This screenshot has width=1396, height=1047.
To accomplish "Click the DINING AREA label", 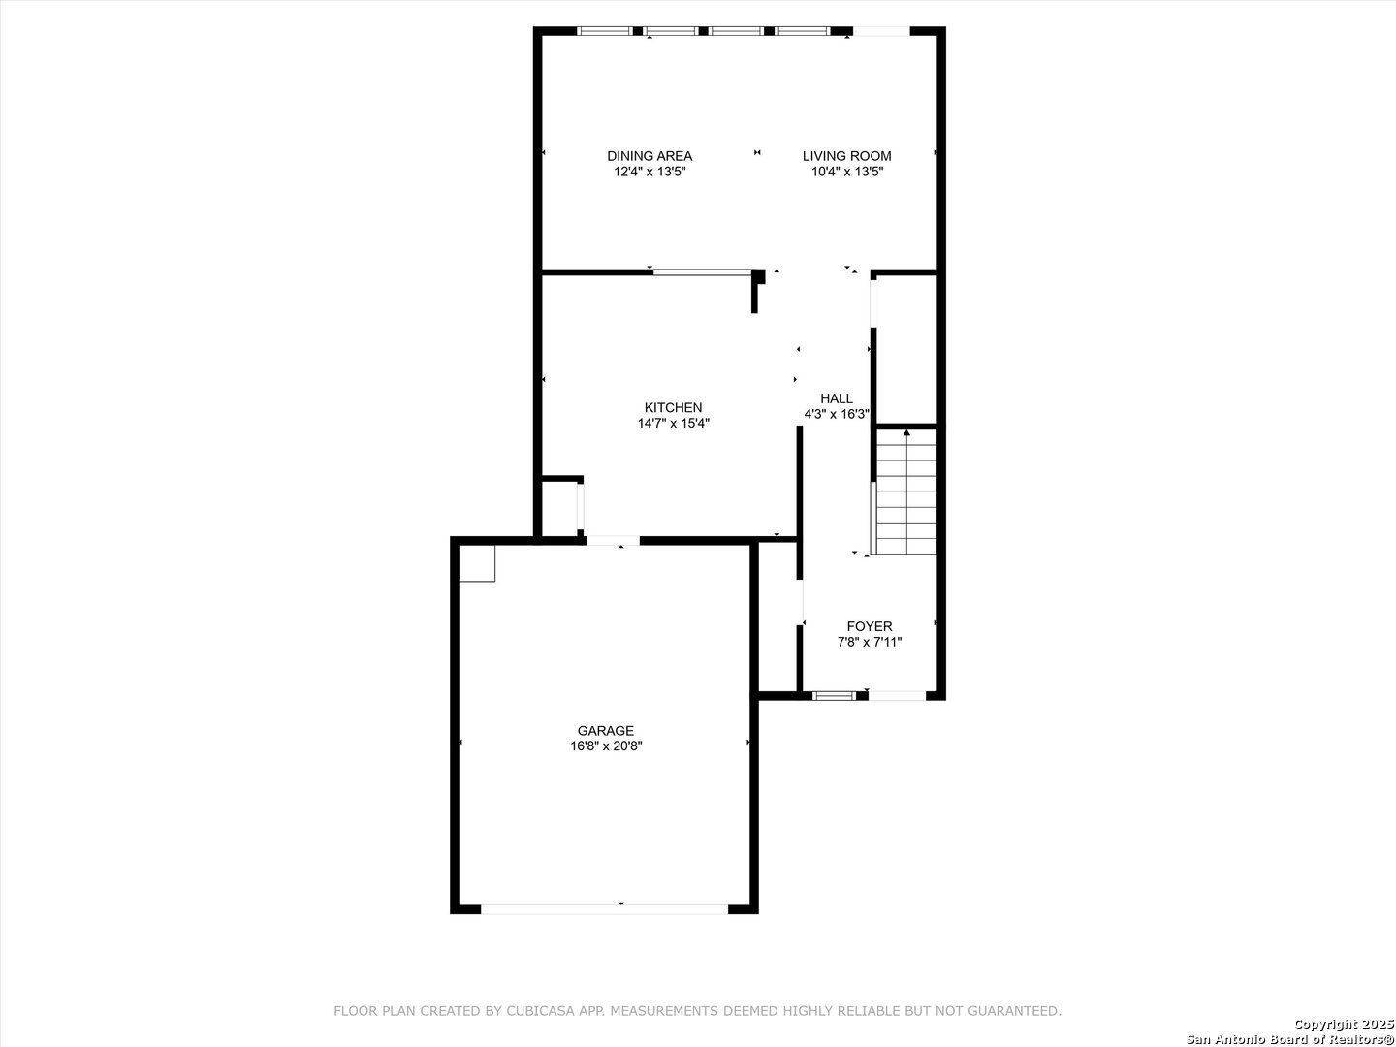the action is tap(650, 156).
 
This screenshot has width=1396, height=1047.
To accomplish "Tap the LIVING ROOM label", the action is tap(846, 156).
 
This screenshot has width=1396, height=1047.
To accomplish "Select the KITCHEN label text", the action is tap(673, 407).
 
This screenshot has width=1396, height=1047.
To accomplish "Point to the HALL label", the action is tap(837, 398).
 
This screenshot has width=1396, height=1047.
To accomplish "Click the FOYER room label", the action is tap(870, 626).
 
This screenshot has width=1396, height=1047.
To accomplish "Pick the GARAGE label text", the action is tap(606, 730).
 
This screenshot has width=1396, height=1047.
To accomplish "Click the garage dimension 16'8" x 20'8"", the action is tap(606, 746).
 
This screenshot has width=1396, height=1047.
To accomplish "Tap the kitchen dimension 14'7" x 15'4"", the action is tap(674, 423).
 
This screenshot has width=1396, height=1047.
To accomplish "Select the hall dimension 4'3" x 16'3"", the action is tap(837, 414).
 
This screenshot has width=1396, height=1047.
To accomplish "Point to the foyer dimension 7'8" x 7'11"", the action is tap(870, 642).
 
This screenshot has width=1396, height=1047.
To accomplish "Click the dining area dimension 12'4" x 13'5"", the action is tap(650, 171).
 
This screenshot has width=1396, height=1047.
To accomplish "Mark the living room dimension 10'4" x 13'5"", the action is tap(847, 171).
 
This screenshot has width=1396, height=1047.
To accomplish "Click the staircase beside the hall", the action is tap(906, 492).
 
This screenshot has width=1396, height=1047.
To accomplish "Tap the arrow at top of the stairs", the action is tap(907, 433).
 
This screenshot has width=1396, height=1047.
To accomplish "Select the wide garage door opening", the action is tap(604, 909).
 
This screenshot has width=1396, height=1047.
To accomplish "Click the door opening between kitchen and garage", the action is tap(613, 541).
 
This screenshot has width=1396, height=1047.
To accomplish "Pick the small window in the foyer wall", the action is tap(835, 696).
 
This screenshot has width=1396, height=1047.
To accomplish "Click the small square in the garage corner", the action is tap(477, 563).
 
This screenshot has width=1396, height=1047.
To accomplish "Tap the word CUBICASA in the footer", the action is tap(540, 1011).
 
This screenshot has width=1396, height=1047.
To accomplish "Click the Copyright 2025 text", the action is tap(1344, 1024).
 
